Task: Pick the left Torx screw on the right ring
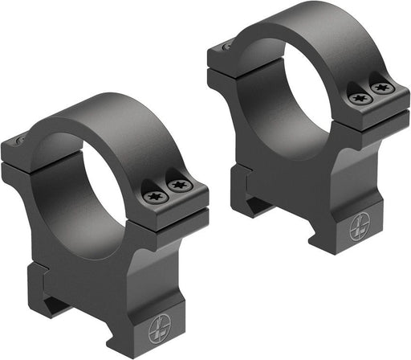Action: click(358, 97)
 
